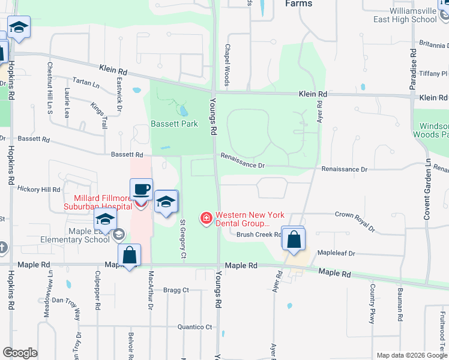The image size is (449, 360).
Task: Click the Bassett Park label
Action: pos(173,124)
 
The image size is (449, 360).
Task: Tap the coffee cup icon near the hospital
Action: pos(141,190)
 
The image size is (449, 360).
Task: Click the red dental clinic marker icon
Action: pos(206,217)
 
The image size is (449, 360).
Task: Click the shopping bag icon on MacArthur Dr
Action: pos(130,256)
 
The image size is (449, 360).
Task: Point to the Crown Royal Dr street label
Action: pos(354,221)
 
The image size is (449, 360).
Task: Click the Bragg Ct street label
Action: pos(176,290)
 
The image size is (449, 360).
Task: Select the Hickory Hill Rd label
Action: pos(39,189)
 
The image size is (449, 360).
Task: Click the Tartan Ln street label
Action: pos(86,81)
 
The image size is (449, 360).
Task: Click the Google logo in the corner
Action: pos(20,353)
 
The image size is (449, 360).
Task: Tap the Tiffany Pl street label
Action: pos(435,73)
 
